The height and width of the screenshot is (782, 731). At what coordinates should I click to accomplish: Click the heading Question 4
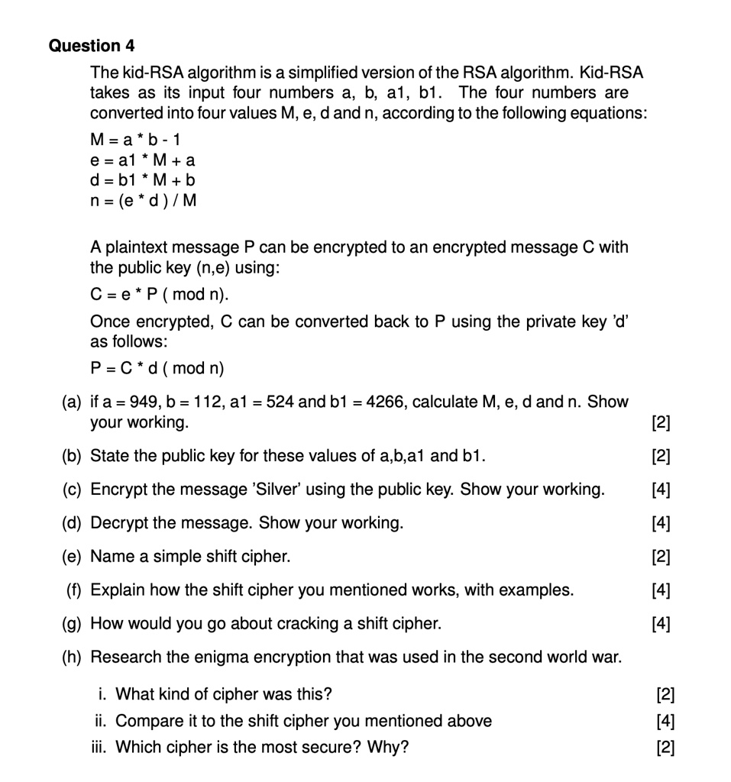coord(92,46)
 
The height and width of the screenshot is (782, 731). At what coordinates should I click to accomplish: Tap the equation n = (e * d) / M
coord(144,201)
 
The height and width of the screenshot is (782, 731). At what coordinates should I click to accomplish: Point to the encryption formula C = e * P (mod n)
coord(160,294)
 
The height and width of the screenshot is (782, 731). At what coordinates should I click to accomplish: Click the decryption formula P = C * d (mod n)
coord(157,368)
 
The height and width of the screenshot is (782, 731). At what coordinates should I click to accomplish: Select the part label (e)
coord(73,557)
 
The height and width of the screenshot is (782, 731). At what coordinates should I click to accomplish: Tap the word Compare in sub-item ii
coord(146,722)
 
